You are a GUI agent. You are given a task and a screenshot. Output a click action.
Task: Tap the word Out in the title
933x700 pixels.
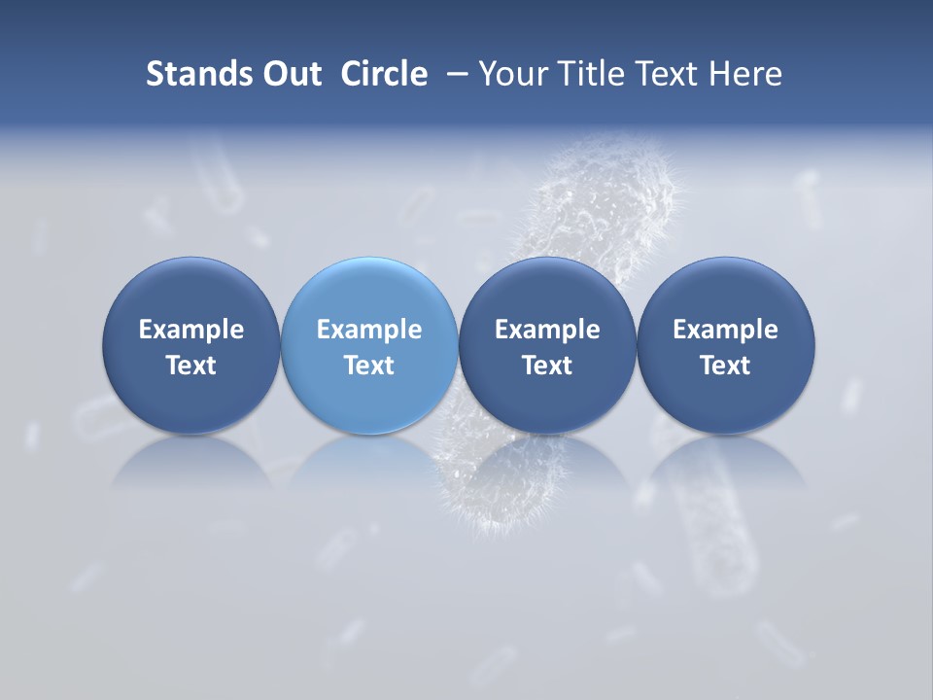coord(289,74)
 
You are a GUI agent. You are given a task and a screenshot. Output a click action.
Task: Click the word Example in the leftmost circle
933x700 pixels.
coord(191,330)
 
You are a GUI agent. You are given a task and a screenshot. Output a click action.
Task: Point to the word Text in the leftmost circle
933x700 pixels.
coord(191,366)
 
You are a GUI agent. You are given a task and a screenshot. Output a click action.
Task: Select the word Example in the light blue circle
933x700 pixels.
coord(369,330)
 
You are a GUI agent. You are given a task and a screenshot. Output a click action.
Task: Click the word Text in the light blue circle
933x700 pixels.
coord(369,366)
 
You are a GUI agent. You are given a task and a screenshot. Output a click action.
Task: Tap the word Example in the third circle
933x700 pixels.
coord(547,330)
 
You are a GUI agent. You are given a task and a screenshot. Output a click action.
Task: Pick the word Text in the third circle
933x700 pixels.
coord(547,366)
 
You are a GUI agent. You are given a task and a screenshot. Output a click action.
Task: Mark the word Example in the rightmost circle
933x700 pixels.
coord(726,330)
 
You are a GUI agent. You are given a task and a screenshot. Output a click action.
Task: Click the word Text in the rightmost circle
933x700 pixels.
coord(726,366)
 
